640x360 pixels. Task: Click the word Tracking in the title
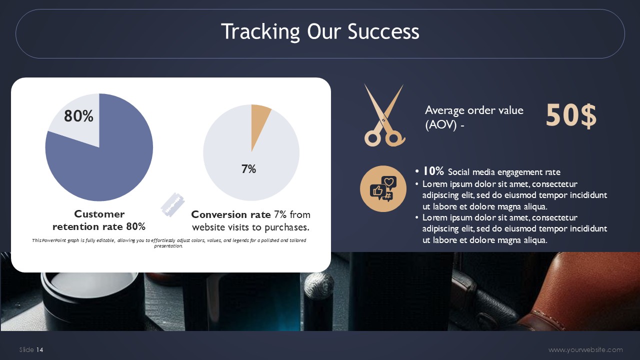coord(260,32)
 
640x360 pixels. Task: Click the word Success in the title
coord(383,31)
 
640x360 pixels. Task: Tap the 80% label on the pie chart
coord(78,115)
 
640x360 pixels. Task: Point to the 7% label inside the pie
coord(248,169)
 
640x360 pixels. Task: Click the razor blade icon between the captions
coord(172,204)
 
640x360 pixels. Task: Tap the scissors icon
coord(384,115)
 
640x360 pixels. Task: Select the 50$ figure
coord(571,115)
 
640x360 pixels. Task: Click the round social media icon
coord(383,189)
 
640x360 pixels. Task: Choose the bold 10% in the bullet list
coord(433,171)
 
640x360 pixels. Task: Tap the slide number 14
coord(39,349)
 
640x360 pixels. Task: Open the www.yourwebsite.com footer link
coord(585,349)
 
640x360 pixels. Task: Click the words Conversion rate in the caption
coord(231,214)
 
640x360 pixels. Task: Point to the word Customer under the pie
coord(99,214)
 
